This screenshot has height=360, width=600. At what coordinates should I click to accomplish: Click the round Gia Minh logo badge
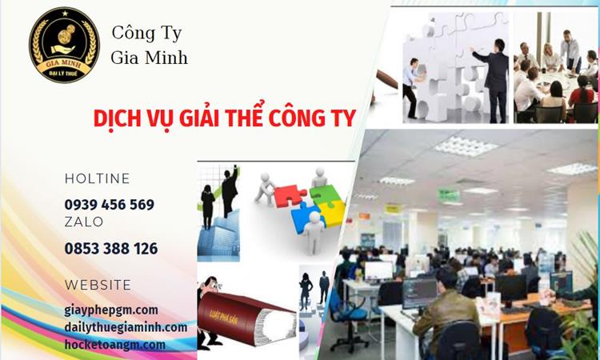64,45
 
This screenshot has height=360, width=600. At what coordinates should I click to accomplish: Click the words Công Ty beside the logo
146,34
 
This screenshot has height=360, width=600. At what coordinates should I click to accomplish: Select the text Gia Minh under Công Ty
150,58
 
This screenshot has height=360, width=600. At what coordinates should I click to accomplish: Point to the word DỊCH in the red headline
116,118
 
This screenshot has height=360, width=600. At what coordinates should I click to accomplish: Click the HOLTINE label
97,178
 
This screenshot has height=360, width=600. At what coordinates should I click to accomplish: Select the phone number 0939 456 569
110,204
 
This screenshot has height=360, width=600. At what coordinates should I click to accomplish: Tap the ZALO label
84,222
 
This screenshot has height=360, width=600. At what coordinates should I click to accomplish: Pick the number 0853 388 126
111,248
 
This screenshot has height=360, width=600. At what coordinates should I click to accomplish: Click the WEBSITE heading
98,285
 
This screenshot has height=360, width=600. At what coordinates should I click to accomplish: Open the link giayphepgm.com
111,310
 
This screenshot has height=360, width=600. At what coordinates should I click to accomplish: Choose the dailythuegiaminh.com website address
126,327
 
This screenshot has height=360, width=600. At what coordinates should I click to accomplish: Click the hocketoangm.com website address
115,345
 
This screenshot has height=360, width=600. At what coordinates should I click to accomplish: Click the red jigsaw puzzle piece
288,195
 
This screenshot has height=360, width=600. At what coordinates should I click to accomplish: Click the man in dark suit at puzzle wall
495,76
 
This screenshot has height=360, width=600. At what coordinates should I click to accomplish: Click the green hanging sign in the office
449,194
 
